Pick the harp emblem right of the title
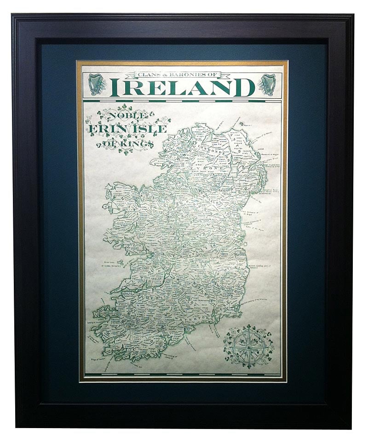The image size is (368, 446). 267,85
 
